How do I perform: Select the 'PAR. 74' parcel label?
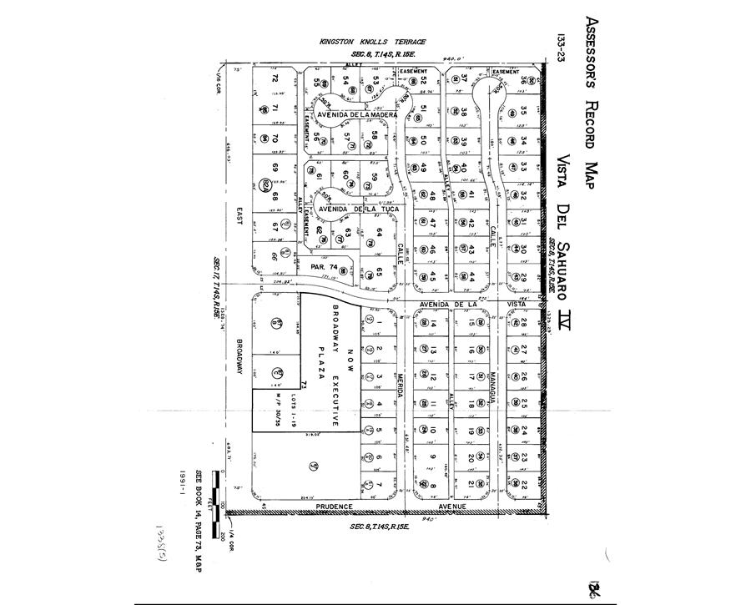321,267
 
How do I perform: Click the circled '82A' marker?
266,184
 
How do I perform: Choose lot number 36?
524,81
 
